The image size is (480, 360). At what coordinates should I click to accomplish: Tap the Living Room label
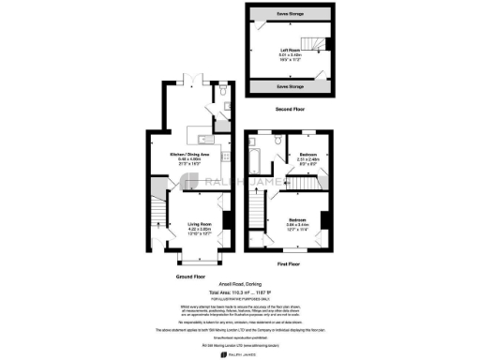point(195,226)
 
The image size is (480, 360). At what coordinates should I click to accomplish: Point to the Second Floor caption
point(290,109)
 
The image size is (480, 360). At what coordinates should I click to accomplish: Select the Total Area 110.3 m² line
point(240,293)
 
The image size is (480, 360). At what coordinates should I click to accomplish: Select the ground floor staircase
point(156,202)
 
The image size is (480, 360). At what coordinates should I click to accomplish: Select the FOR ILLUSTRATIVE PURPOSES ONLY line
point(240,300)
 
